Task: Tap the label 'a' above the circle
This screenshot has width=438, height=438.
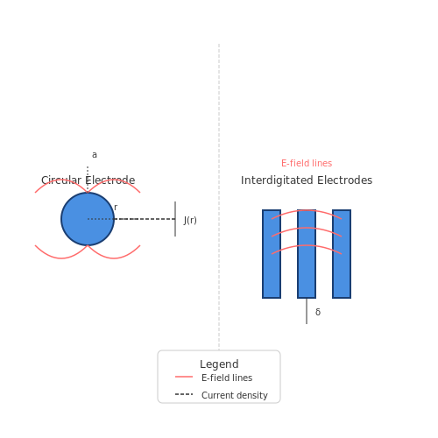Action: point(95,155)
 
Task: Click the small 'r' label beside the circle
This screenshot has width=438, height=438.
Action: point(116,208)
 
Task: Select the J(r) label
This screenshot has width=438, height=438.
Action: point(190,220)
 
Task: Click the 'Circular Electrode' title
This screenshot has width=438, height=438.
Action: point(88,180)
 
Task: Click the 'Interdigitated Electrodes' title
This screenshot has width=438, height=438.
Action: point(307,180)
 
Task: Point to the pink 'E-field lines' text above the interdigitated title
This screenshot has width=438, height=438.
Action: point(307,163)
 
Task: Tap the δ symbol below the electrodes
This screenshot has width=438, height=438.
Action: point(318,312)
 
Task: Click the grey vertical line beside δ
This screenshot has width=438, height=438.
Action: point(307,311)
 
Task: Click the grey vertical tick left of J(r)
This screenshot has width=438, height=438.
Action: point(175,219)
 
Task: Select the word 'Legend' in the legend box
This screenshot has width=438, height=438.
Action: point(219,364)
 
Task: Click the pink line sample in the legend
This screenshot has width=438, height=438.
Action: point(184,377)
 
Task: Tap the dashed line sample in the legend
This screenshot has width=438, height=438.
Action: point(184,394)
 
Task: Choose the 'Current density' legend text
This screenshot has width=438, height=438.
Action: point(235,395)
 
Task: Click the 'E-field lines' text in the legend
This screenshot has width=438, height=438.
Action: point(227,378)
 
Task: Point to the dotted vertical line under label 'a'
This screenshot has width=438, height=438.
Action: point(88,179)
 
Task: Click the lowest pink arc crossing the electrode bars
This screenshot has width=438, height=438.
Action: point(307,245)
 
